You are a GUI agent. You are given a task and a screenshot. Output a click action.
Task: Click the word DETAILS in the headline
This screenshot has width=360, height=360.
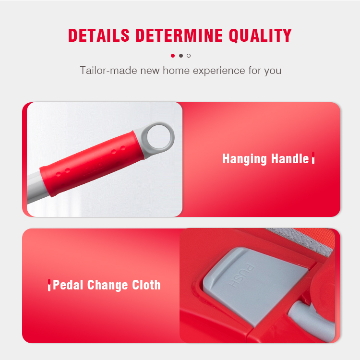click(99, 36)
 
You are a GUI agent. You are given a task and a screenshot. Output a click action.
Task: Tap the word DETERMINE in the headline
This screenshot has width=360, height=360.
click(179, 36)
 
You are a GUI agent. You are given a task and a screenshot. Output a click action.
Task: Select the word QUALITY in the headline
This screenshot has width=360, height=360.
click(260, 36)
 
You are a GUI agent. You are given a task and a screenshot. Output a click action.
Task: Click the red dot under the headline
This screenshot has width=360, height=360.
click(173, 56)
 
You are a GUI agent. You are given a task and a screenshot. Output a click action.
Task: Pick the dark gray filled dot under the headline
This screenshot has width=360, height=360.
click(181, 56)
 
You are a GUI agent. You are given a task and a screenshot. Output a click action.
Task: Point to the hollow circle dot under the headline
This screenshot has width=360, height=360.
click(189, 56)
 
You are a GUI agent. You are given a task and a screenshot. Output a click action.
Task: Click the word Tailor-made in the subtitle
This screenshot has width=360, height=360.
click(108, 70)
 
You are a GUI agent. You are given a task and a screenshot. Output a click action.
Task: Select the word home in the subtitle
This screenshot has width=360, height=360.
click(176, 70)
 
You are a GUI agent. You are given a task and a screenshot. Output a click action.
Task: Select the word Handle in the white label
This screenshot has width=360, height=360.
click(290, 158)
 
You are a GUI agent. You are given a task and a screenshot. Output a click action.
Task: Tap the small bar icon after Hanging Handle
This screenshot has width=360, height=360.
click(313, 158)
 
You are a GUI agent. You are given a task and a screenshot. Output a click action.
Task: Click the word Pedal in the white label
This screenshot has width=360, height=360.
click(68, 285)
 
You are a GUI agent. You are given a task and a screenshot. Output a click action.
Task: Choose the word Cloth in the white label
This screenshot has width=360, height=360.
click(146, 285)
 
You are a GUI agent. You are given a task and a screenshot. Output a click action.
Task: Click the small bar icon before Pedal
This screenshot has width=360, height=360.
click(49, 285)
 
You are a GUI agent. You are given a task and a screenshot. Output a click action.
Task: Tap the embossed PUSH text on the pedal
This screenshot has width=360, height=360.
click(241, 276)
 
